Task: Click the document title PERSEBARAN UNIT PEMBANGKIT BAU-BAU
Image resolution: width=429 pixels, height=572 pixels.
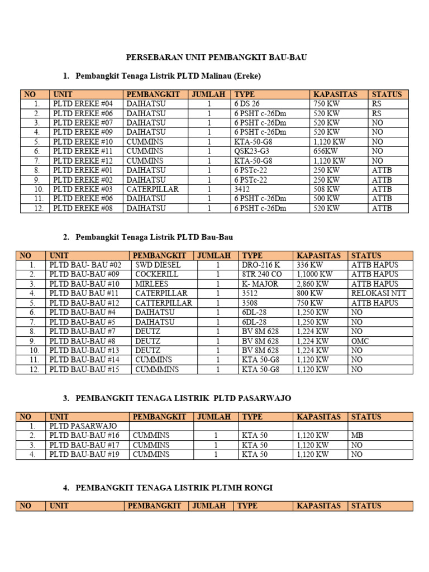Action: click(x=217, y=58)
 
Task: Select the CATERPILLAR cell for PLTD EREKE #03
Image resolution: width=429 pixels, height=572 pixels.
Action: click(x=152, y=189)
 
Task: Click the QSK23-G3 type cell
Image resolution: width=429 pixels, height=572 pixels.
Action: click(x=252, y=151)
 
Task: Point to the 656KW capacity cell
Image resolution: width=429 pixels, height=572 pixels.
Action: click(x=325, y=151)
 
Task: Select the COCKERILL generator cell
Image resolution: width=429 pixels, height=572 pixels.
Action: click(x=156, y=274)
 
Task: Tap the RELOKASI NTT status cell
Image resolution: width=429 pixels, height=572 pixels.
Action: click(x=379, y=293)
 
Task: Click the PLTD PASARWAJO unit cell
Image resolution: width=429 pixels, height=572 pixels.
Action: click(x=83, y=426)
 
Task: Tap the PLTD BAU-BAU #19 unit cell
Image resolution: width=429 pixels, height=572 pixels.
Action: click(x=84, y=454)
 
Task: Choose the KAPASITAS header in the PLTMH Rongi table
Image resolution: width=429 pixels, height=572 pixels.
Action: click(x=318, y=506)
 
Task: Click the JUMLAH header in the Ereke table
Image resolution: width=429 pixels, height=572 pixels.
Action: click(x=208, y=94)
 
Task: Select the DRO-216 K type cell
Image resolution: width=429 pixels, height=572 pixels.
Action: click(x=261, y=265)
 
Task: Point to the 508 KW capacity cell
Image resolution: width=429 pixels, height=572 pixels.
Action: click(x=326, y=189)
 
